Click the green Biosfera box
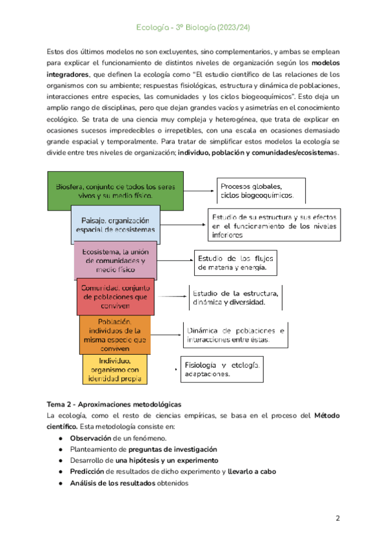(115, 191)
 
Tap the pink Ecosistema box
(115, 259)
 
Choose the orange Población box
(115, 334)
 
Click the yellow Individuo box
(115, 370)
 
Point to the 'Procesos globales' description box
(261, 191)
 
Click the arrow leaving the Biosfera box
(199, 191)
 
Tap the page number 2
(337, 518)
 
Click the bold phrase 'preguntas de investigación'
(172, 450)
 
